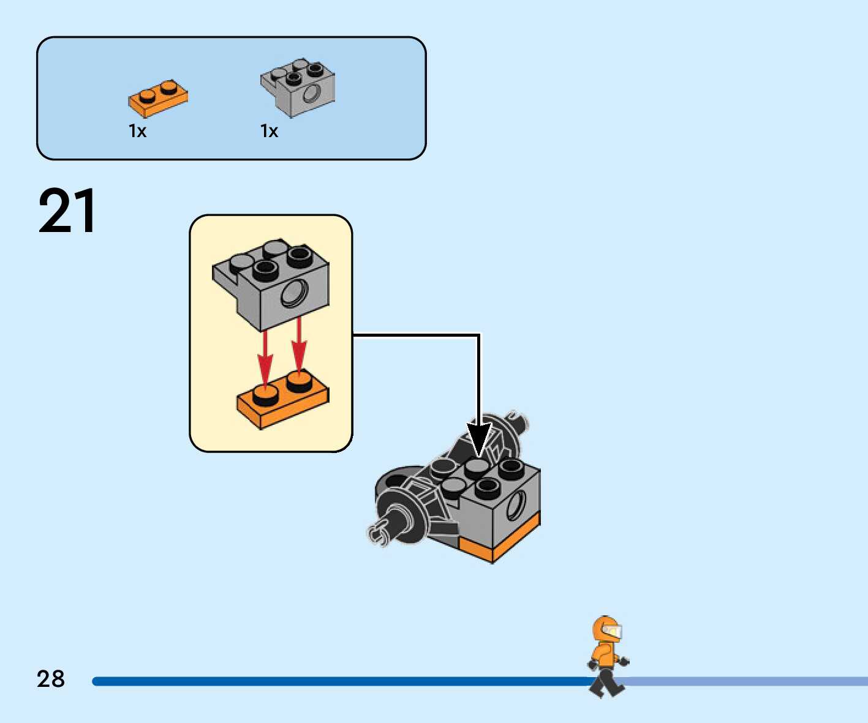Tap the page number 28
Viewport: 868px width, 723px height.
pos(51,679)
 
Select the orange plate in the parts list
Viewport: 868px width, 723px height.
pos(157,99)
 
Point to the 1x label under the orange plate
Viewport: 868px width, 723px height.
pos(138,131)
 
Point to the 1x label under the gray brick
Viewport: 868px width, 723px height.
pos(270,131)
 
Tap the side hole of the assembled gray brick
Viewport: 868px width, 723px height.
pos(516,506)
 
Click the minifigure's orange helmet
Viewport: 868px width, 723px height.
pos(605,629)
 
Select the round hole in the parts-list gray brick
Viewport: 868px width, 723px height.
pos(311,94)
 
